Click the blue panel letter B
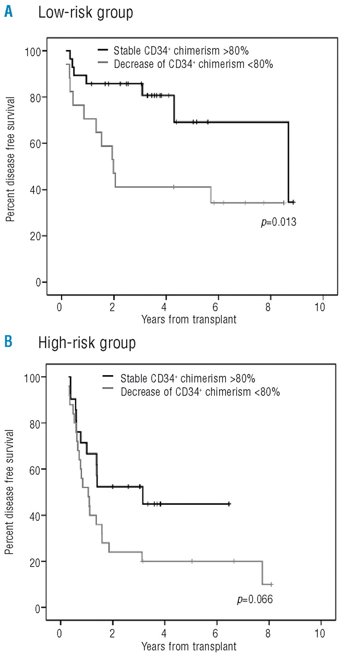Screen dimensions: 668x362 coord(9,342)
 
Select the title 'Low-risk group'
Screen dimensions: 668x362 coord(86,13)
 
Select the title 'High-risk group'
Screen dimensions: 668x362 coord(87,343)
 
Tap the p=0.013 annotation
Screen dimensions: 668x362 coord(279,222)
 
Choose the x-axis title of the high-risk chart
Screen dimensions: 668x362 coord(188,646)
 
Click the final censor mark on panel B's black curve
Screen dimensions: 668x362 coord(229,504)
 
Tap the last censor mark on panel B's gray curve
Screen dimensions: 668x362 coord(271,584)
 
